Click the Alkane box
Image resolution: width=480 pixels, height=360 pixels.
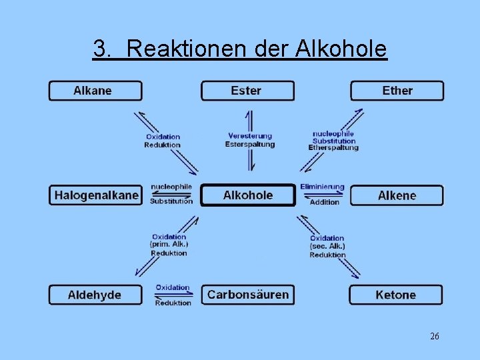(x=95, y=91)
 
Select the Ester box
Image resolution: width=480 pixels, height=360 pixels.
(x=247, y=91)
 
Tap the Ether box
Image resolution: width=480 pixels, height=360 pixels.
(x=397, y=91)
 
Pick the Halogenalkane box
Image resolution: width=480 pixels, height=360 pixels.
(x=96, y=195)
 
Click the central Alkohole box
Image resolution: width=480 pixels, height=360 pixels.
(x=248, y=195)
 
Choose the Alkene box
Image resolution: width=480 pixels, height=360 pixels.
(x=397, y=195)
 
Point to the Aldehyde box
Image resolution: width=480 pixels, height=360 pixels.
(x=95, y=295)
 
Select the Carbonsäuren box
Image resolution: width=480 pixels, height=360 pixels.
(x=248, y=295)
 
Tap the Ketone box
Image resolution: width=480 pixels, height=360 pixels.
(x=395, y=295)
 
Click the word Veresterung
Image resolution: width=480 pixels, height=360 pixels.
(x=250, y=136)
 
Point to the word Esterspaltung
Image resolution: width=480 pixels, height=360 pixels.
(x=250, y=144)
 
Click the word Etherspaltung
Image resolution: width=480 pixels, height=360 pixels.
(x=333, y=147)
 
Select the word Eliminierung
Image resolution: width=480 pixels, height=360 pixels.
(x=322, y=187)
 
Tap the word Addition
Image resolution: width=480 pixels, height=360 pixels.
(x=325, y=202)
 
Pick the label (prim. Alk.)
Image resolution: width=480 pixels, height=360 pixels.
(x=169, y=245)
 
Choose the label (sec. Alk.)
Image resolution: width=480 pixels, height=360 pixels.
(x=327, y=247)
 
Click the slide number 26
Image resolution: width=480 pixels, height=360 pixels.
(x=435, y=337)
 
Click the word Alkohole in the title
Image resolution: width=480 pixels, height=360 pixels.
(x=341, y=49)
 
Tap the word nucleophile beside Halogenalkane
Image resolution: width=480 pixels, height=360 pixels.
(x=171, y=187)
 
